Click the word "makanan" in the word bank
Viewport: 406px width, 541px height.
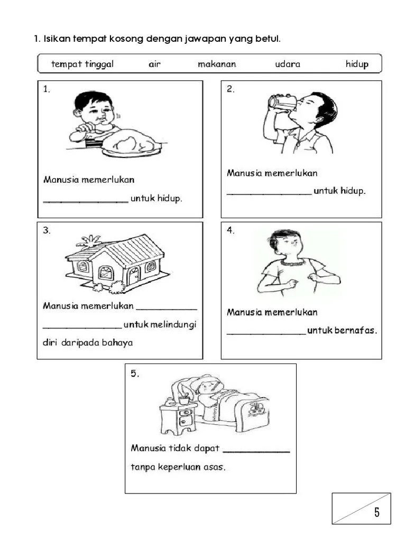click(217, 64)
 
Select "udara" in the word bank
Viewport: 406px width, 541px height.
click(288, 64)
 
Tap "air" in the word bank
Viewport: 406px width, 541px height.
click(155, 64)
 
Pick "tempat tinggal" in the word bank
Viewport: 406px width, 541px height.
click(82, 64)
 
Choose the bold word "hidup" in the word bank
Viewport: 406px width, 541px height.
click(357, 64)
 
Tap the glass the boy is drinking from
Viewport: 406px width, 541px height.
click(282, 102)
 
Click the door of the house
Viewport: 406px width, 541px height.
click(133, 276)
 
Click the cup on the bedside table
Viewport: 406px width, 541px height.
click(184, 400)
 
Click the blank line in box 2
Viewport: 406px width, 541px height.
click(269, 195)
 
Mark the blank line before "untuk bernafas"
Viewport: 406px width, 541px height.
click(266, 334)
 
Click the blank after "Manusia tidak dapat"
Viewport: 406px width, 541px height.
click(256, 451)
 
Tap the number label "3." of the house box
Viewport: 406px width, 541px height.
click(47, 230)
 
